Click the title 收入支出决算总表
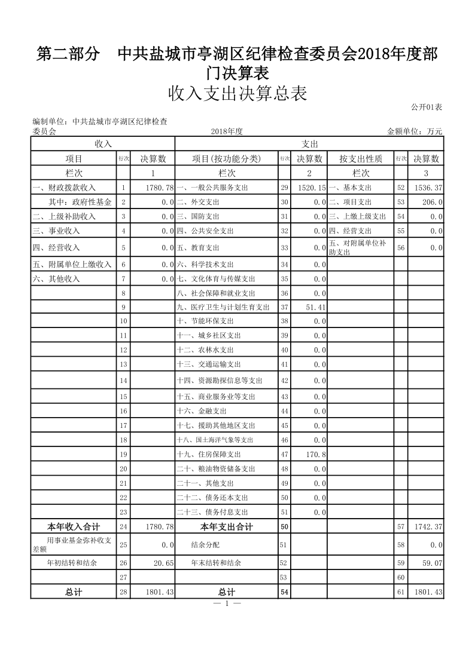coord(237,94)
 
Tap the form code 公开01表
coord(427,107)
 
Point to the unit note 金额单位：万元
coord(415,131)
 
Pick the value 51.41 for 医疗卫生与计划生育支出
coord(315,307)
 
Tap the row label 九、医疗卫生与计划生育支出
coord(223,307)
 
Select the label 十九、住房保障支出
coord(208,454)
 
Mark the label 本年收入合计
coord(73,527)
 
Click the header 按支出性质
coord(360,158)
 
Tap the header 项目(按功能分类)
coord(227,158)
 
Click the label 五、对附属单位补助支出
coord(357,247)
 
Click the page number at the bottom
coord(228,603)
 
